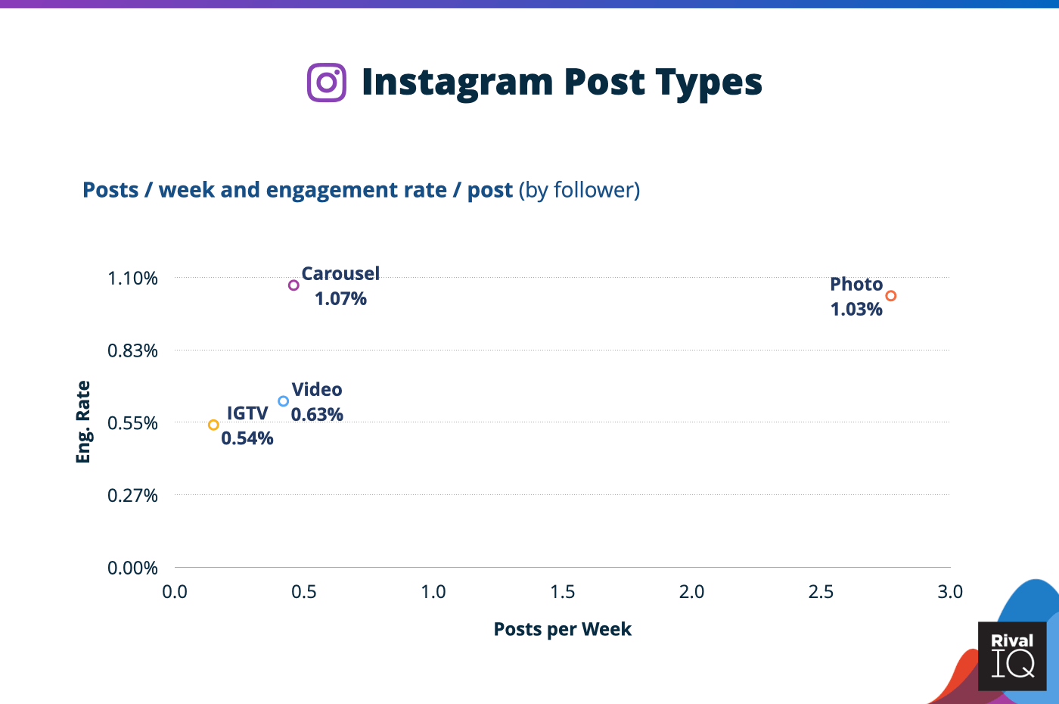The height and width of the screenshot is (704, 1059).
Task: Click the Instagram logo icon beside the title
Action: pos(327,83)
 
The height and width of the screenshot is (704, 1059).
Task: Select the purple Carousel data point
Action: pos(293,285)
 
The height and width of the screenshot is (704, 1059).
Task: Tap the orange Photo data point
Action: pos(890,296)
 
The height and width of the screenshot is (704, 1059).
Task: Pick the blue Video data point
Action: pos(283,401)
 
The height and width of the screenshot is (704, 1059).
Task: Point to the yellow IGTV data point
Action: pos(213,425)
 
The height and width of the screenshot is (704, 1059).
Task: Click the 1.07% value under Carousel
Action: pos(340,299)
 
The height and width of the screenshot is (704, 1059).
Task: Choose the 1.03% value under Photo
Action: pos(856,310)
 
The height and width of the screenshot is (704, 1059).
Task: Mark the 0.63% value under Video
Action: pos(317,415)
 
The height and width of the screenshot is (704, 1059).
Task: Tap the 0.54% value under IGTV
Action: pos(247,438)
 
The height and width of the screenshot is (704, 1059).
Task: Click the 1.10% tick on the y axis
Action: pos(133,278)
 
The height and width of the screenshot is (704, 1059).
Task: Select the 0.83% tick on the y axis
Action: pos(133,350)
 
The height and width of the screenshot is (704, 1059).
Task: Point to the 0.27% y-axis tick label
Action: pos(133,495)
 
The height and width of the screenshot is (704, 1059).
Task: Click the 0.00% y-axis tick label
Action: pos(133,568)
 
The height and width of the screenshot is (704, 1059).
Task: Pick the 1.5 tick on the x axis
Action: pos(563,592)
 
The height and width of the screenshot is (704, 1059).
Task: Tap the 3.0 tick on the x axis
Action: pos(950,592)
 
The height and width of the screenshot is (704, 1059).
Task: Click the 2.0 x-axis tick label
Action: pos(691,592)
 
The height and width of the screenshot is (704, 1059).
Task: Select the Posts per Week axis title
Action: pos(562,629)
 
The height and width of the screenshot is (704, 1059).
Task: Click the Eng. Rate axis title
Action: pos(83,422)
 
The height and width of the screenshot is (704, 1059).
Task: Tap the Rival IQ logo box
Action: pos(1012,656)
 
